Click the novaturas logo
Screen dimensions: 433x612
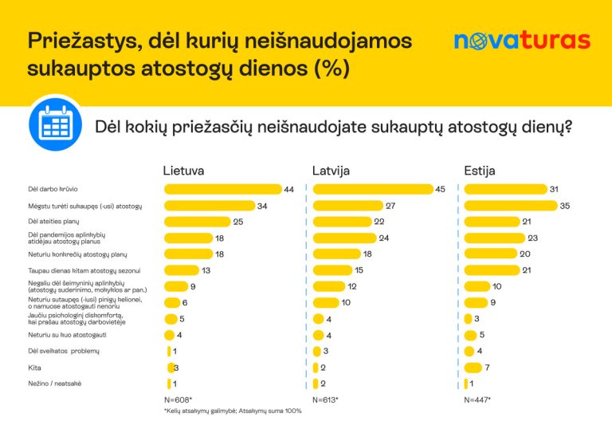[x=522, y=41]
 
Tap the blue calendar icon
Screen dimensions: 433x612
[x=55, y=126]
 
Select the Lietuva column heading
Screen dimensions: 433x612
[x=184, y=171]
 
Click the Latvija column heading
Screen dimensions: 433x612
[x=331, y=171]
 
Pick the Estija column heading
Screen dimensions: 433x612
[x=480, y=171]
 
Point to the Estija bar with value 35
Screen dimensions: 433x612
[x=510, y=206]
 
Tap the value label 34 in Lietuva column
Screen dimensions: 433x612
[x=261, y=206]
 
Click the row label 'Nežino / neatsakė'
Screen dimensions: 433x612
[x=54, y=384]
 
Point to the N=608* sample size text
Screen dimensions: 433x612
[x=178, y=399]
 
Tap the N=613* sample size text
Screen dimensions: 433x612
[x=325, y=399]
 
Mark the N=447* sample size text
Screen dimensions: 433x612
[x=477, y=399]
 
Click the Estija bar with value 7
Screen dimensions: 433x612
[x=473, y=368]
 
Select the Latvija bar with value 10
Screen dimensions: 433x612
[x=326, y=302]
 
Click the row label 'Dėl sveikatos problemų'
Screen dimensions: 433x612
[x=63, y=351]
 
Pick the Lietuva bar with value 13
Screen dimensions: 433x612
[x=181, y=270]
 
